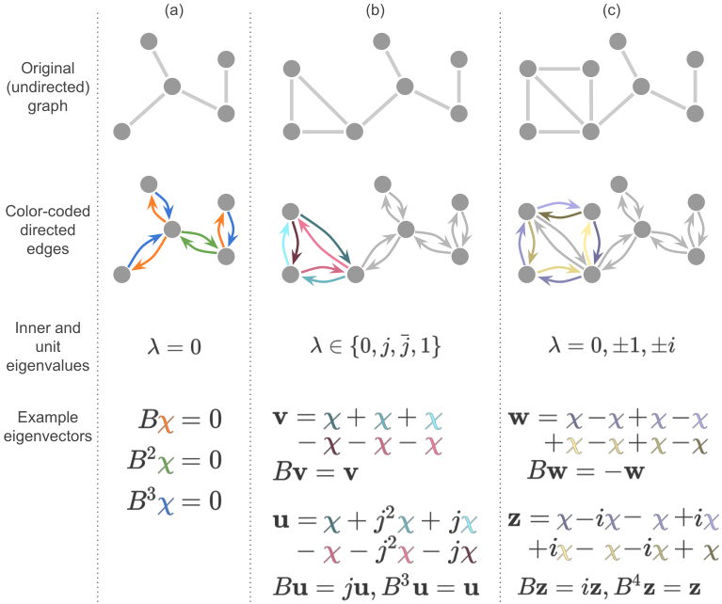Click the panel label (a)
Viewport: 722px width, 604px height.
(x=174, y=10)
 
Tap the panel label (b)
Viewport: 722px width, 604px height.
(x=375, y=10)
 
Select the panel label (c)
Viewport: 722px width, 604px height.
(x=611, y=10)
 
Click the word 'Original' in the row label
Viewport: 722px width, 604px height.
(x=47, y=68)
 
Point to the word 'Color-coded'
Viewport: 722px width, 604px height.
(x=47, y=211)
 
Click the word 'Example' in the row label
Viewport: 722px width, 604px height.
(x=48, y=417)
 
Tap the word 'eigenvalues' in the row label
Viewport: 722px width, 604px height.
(x=48, y=366)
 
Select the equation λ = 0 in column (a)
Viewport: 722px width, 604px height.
(x=174, y=346)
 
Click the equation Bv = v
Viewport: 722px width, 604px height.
(x=315, y=472)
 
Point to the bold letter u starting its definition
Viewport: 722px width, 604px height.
(x=281, y=521)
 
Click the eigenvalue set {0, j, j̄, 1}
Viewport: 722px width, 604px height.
(x=395, y=346)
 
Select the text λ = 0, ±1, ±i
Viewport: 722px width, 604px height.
(x=612, y=345)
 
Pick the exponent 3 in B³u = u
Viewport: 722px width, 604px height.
(x=404, y=581)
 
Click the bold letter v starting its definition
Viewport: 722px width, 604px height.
(x=280, y=418)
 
